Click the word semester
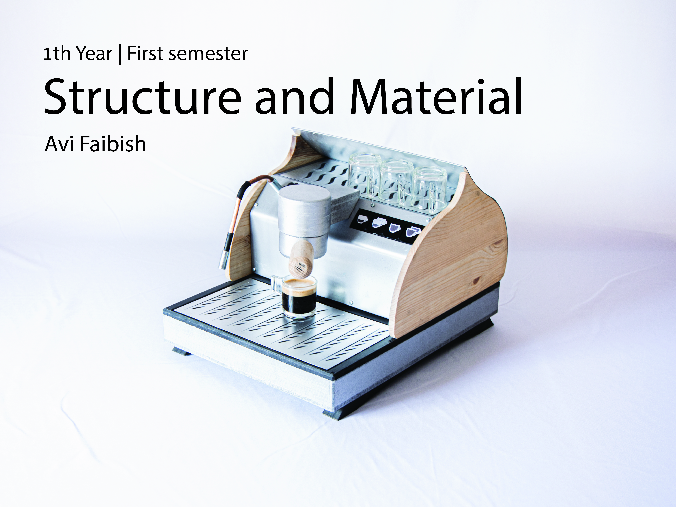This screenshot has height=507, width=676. (x=208, y=54)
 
